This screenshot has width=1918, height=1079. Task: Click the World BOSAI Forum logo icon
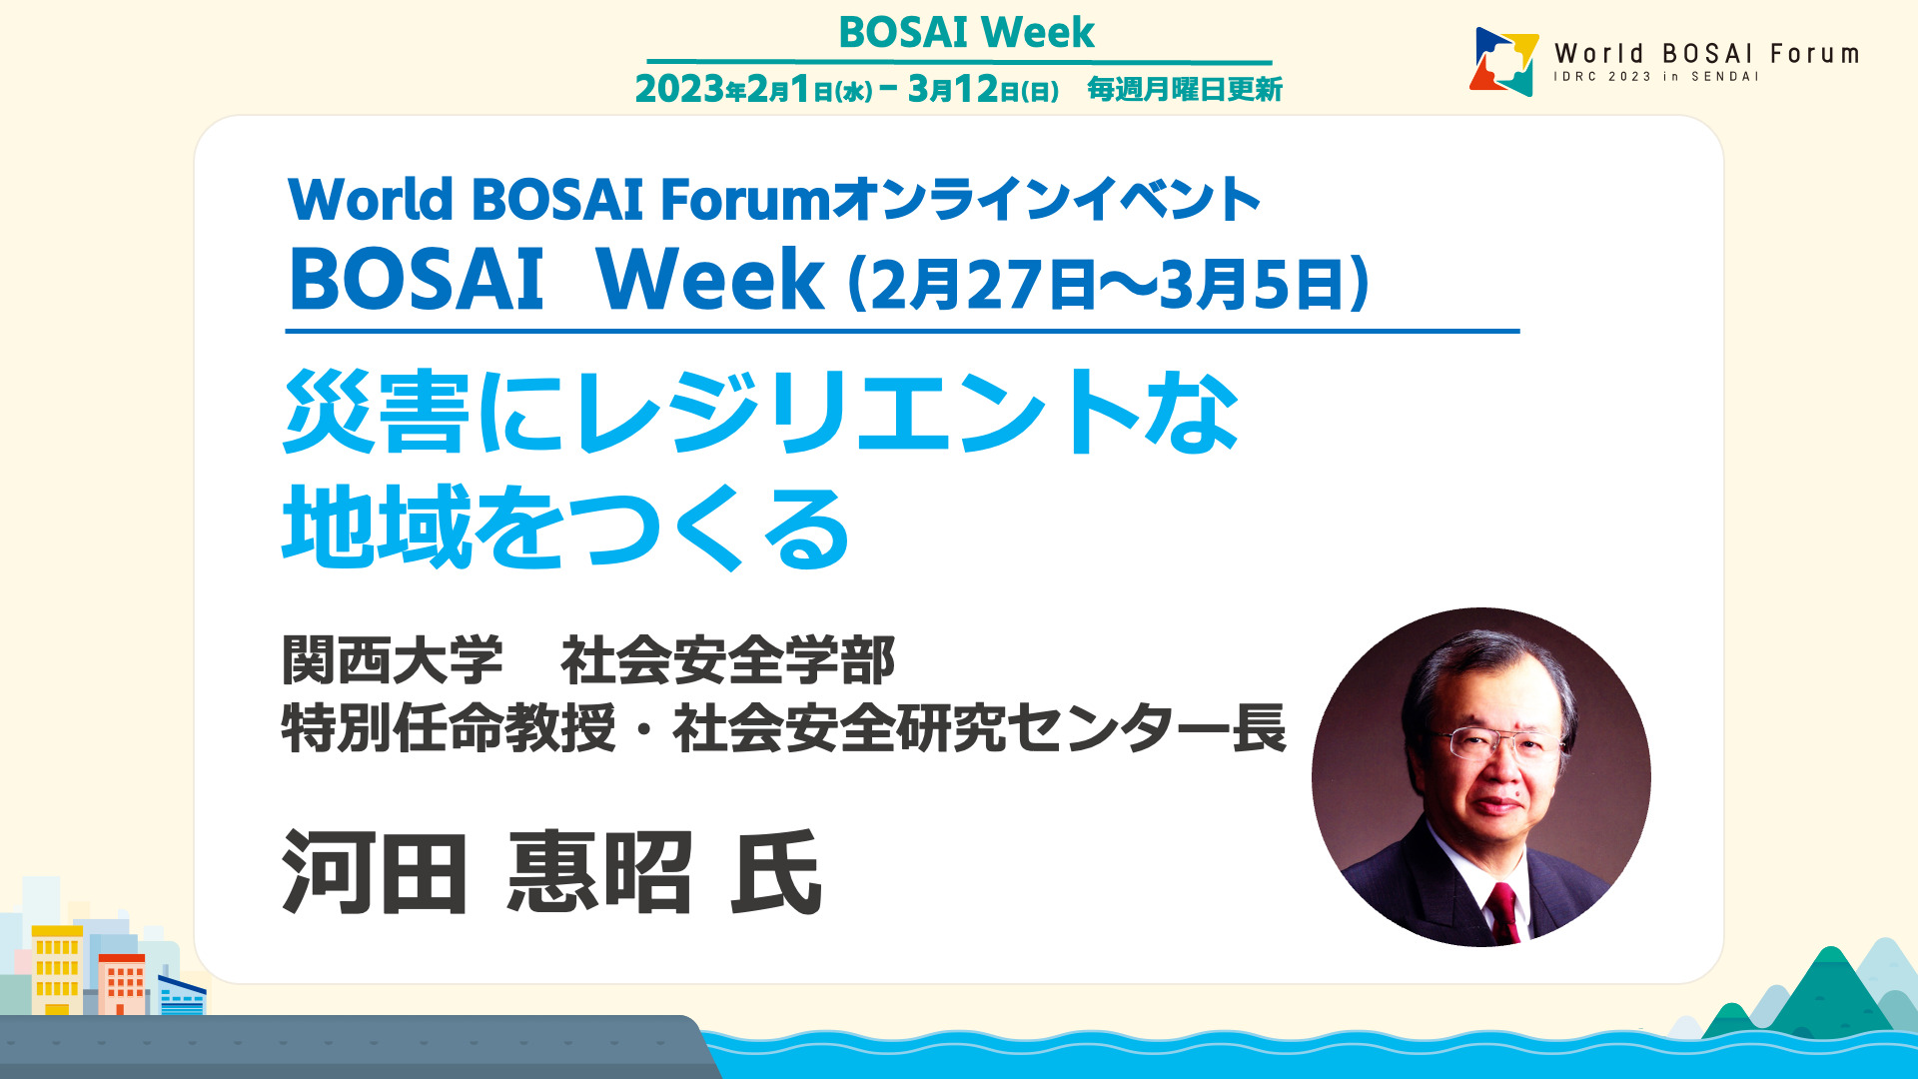coord(1503,61)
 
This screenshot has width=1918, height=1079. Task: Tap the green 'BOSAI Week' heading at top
coord(966,32)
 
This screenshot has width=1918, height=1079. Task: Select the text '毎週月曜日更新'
coord(1185,90)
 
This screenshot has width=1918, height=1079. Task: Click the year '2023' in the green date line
coord(679,89)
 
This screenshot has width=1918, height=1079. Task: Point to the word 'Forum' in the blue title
coord(745,199)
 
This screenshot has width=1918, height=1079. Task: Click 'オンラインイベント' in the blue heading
coord(1046,199)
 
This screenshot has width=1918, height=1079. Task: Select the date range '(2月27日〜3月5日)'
coord(1108,284)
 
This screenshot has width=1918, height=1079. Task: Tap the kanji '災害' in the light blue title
coord(377,412)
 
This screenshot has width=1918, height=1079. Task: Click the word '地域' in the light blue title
coord(377,527)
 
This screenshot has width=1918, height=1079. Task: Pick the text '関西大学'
coord(393,660)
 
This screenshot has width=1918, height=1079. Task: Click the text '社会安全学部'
coord(728,660)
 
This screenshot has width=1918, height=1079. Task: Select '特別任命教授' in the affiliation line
coord(449,727)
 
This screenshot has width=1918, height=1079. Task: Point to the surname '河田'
coord(375,872)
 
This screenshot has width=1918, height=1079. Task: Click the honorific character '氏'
coord(776,872)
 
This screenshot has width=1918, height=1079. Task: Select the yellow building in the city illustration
coord(57,970)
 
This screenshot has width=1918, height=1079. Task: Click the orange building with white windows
coord(122,984)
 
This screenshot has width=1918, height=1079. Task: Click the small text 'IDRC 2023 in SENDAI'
coord(1656,77)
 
